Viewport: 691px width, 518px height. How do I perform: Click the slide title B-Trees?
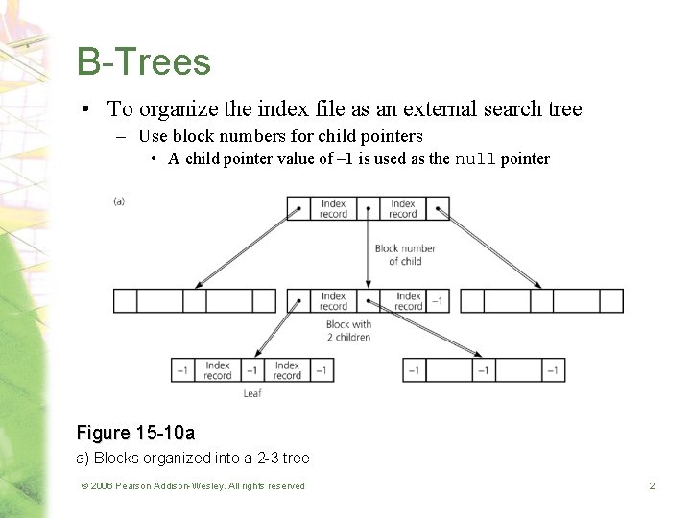pyautogui.click(x=144, y=62)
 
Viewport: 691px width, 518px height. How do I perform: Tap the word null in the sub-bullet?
pyautogui.click(x=475, y=159)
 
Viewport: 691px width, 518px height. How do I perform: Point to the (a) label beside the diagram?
pyautogui.click(x=119, y=200)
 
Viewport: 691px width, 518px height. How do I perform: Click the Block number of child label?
pyautogui.click(x=405, y=254)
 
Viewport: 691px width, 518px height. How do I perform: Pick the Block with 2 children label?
pyautogui.click(x=348, y=331)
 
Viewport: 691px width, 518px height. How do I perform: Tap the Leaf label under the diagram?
pyautogui.click(x=252, y=393)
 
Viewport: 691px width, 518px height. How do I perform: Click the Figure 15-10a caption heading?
pyautogui.click(x=135, y=434)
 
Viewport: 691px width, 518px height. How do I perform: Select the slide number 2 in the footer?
pyautogui.click(x=652, y=486)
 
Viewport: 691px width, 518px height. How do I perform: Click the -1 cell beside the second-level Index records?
pyautogui.click(x=437, y=301)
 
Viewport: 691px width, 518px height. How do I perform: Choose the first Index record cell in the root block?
pyautogui.click(x=333, y=208)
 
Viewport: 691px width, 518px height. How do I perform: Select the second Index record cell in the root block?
pyautogui.click(x=403, y=208)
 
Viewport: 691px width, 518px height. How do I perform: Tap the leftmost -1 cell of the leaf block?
pyautogui.click(x=182, y=369)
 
